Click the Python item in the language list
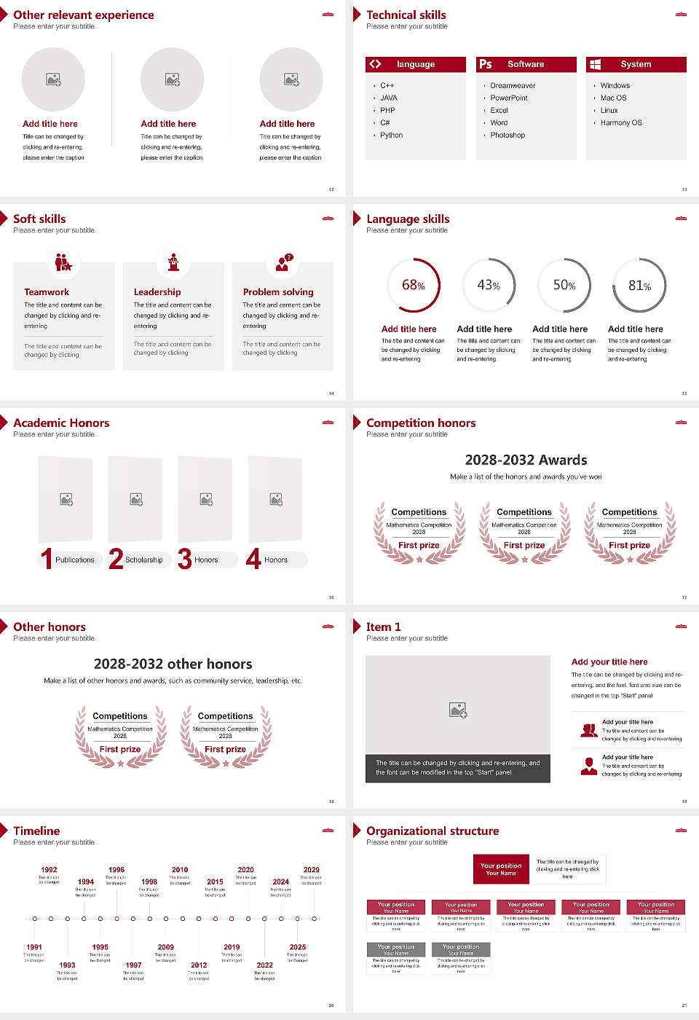click(391, 136)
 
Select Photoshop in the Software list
click(508, 136)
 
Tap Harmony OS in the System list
click(621, 123)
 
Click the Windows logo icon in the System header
click(596, 64)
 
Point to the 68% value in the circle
click(413, 285)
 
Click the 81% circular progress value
click(639, 286)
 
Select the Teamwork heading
click(47, 292)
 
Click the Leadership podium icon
click(173, 262)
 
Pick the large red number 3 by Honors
click(185, 559)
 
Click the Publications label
click(75, 560)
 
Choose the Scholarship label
click(144, 560)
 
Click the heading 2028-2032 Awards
click(526, 460)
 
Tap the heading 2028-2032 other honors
click(173, 664)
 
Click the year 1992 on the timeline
click(49, 870)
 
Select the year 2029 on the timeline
click(312, 870)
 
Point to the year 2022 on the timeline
click(265, 965)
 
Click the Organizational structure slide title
click(433, 831)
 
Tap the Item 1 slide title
click(384, 627)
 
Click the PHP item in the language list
click(387, 111)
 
